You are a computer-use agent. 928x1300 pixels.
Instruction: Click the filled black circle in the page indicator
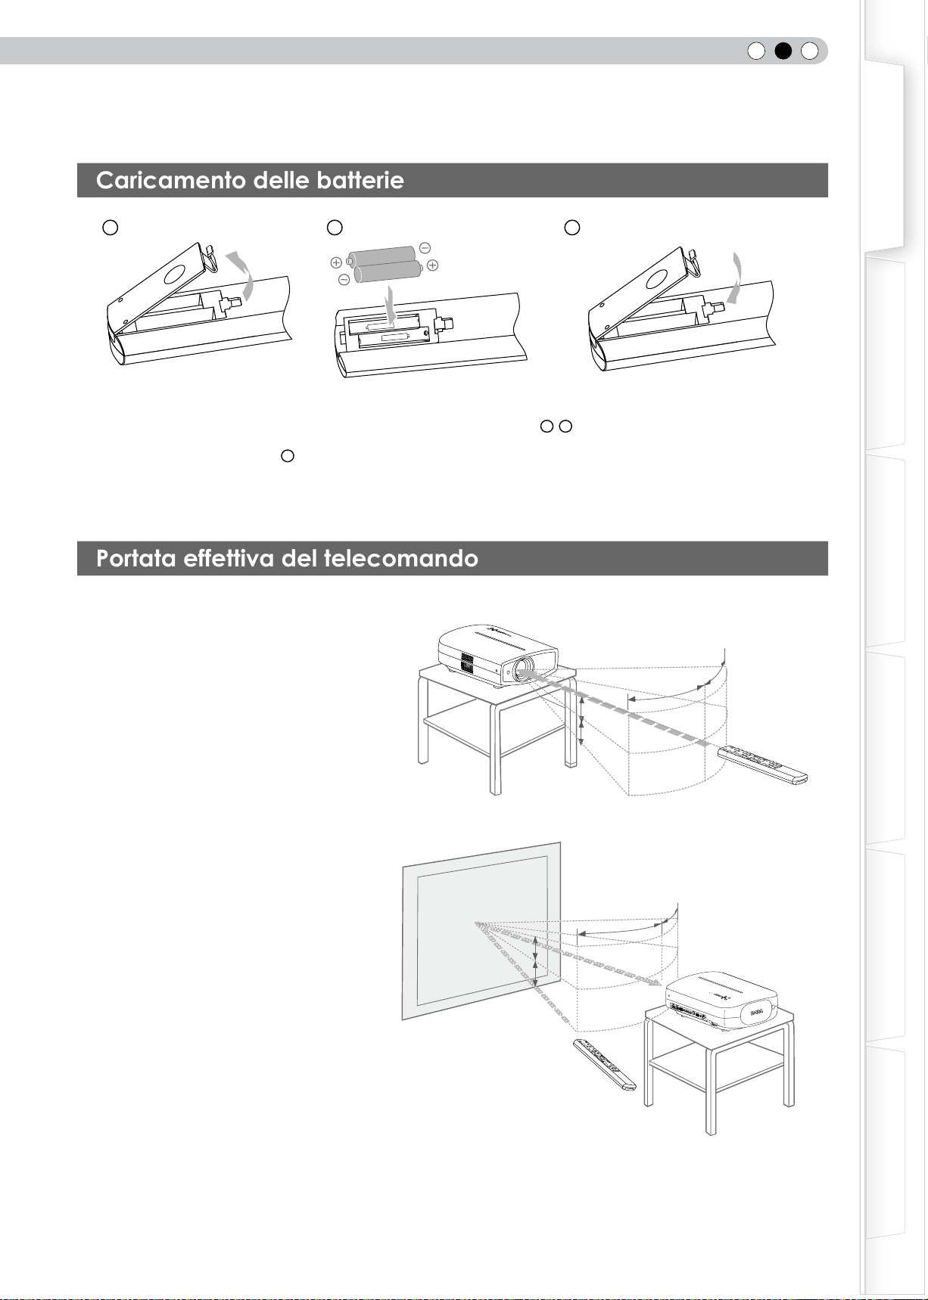[783, 51]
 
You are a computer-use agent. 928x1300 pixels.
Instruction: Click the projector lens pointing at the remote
[522, 669]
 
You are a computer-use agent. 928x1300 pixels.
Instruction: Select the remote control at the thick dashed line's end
[763, 764]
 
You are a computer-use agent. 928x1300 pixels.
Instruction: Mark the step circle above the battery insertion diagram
[335, 227]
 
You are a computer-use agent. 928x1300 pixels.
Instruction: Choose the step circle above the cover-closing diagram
[573, 227]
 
